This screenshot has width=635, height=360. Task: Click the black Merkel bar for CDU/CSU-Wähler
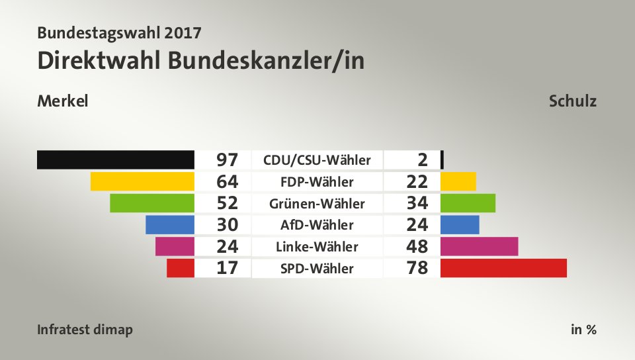[116, 159]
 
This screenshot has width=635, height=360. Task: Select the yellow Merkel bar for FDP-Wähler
[142, 181]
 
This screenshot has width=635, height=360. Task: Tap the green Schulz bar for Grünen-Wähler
[468, 202]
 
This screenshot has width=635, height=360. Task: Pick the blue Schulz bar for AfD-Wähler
[460, 224]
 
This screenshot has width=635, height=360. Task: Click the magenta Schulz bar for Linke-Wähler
[479, 246]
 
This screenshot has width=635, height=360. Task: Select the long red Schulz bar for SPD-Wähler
[503, 268]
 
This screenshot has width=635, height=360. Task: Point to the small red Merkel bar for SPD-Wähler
[181, 268]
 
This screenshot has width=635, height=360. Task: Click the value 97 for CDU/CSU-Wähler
[227, 160]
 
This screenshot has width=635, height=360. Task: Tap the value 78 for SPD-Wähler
[417, 269]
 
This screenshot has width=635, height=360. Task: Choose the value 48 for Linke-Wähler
[417, 247]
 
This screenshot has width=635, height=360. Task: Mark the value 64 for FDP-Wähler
[227, 181]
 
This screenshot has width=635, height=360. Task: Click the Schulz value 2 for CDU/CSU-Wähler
[423, 160]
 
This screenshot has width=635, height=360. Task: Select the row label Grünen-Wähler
[317, 203]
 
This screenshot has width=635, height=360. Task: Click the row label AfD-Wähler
[317, 225]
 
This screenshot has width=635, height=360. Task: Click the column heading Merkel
[63, 101]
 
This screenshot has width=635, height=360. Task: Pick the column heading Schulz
[572, 101]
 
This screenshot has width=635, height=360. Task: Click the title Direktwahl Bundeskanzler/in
[201, 60]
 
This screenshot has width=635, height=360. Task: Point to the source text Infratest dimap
[85, 330]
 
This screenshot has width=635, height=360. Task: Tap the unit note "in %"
[583, 330]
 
